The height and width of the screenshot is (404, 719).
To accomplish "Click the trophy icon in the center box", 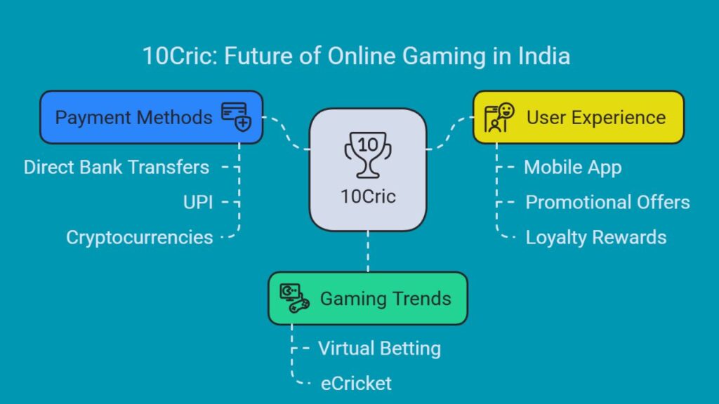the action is tap(368, 155).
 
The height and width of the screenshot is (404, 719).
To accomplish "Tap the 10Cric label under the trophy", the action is tap(368, 196).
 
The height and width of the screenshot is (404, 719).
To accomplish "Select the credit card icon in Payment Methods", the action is tap(237, 117).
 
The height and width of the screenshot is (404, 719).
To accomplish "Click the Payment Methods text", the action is tap(133, 118).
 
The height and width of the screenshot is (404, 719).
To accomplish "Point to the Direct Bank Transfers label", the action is tap(117, 167).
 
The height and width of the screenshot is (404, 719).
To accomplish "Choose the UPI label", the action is tap(198, 202).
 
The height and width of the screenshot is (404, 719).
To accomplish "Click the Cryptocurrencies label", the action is tap(140, 237).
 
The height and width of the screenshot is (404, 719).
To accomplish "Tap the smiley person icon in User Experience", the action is tap(499, 117).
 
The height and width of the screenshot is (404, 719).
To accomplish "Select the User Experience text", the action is tap(596, 118).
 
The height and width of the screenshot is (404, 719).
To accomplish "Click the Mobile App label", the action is tap(573, 168).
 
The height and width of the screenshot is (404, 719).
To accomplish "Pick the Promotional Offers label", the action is tap(607, 202).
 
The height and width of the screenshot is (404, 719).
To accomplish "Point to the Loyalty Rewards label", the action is tap(595, 238).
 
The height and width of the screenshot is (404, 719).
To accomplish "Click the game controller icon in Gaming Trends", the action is tap(294, 298).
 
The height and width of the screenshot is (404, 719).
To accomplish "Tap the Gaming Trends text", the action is tap(385, 299).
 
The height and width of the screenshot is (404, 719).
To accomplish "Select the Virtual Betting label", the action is tap(380, 349).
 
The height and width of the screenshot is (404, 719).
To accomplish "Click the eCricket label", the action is tap(356, 384).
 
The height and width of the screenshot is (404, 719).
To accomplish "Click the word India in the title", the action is tap(544, 56).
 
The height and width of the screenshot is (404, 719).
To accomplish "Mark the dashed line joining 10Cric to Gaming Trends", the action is tap(368, 252).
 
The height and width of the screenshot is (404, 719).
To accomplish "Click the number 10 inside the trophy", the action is tap(368, 145).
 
